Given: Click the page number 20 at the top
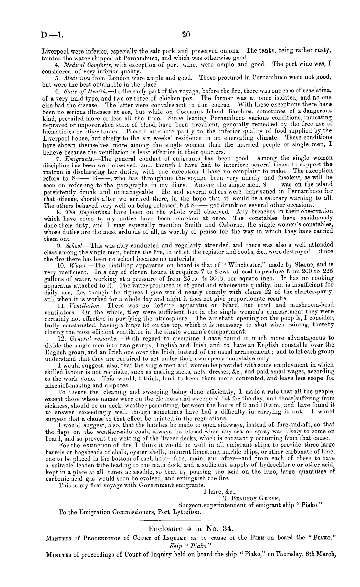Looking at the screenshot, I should click(x=186, y=34).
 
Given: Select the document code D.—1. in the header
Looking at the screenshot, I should click(x=52, y=35).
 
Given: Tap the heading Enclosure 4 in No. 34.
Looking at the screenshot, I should click(x=190, y=529).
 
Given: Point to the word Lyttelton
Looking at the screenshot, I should click(x=188, y=512).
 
